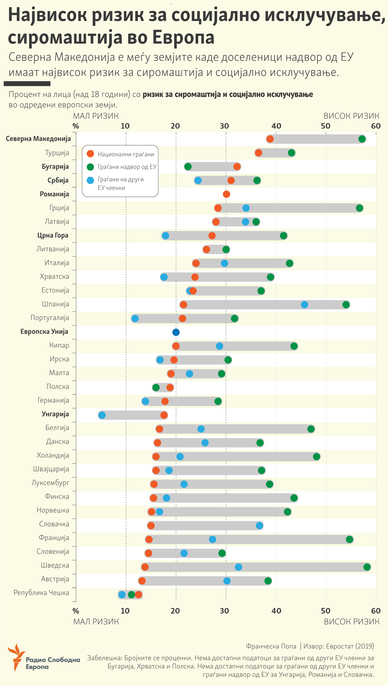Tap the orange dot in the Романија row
tap(226, 194)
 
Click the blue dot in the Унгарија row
tap(102, 415)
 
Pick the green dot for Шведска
tap(367, 567)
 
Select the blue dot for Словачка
tap(259, 526)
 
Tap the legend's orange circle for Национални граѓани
tap(90, 154)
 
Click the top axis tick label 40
tap(276, 126)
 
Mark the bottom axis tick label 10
tap(125, 611)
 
